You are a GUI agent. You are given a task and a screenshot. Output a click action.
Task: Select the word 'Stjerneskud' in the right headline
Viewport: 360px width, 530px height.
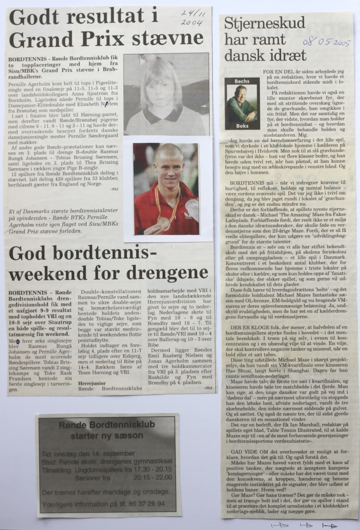[x=265, y=24]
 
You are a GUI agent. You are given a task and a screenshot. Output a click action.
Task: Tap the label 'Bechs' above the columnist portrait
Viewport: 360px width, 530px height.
[x=242, y=81]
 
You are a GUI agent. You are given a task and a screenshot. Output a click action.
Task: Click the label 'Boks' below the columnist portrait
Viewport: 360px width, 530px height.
[x=242, y=126]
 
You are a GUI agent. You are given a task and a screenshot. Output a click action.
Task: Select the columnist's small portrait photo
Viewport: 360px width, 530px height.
[x=242, y=104]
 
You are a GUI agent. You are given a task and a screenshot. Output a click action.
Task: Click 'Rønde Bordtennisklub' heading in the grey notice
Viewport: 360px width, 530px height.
[x=107, y=425]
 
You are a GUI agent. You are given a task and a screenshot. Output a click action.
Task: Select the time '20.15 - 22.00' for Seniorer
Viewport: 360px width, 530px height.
[x=152, y=477]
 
